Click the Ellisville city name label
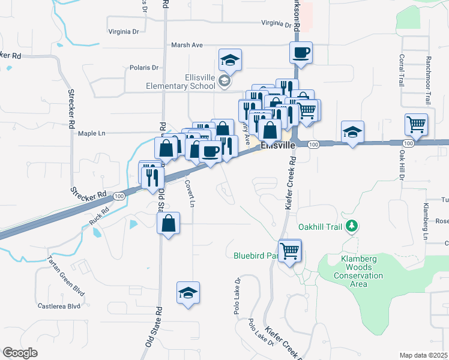click(278, 146)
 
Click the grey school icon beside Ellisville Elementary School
click(224, 82)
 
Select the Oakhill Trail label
click(322, 227)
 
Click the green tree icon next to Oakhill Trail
click(353, 226)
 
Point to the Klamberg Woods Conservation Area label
click(358, 271)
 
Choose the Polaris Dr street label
click(144, 68)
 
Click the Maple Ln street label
click(91, 133)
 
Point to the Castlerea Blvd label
click(59, 306)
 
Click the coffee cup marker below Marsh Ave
click(301, 52)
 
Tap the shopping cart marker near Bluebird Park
click(290, 250)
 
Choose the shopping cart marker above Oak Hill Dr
click(416, 125)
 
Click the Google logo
click(20, 353)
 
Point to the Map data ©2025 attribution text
click(423, 355)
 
